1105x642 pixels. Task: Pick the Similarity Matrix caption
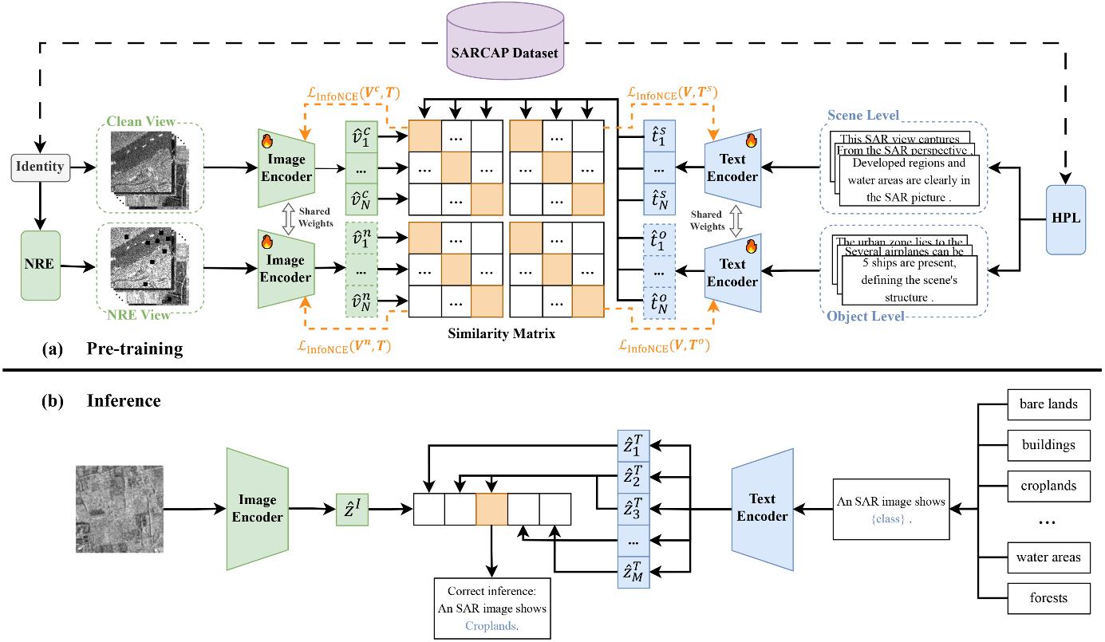(x=501, y=334)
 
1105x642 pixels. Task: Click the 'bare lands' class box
(x=1048, y=404)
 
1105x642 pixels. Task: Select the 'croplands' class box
(x=1048, y=485)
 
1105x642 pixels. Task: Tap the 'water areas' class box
(x=1048, y=556)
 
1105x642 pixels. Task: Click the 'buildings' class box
(x=1048, y=444)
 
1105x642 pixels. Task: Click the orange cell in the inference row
(x=491, y=508)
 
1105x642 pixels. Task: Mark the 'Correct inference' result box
(x=493, y=609)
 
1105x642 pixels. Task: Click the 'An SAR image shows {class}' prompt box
(x=890, y=509)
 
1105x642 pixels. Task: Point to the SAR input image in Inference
(x=120, y=509)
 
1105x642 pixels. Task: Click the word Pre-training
(x=135, y=349)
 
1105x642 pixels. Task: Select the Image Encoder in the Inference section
(x=257, y=508)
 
